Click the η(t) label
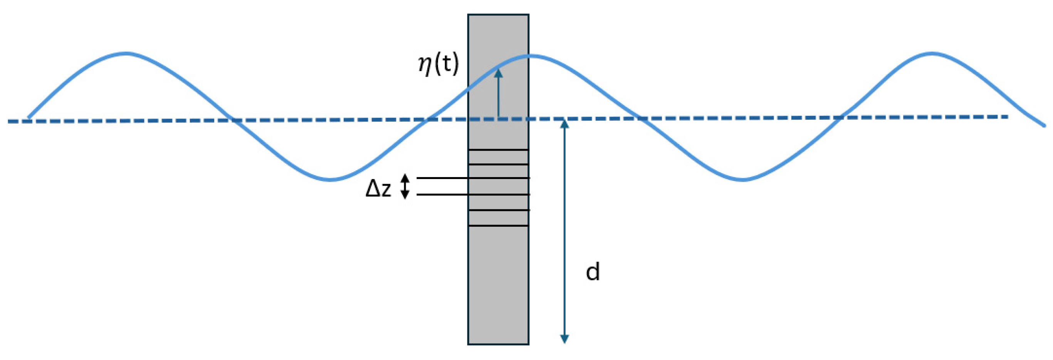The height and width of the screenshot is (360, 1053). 438,65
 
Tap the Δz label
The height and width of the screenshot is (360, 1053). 378,189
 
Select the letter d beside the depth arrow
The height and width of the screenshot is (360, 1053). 593,272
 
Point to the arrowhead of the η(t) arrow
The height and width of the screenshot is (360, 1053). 498,73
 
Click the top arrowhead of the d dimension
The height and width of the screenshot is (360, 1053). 564,124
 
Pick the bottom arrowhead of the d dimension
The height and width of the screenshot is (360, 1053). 564,339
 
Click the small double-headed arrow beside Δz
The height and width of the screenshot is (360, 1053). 405,186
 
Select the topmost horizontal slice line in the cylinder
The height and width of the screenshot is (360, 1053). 498,150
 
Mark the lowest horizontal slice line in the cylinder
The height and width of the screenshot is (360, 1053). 498,226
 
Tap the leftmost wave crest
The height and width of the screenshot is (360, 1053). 127,54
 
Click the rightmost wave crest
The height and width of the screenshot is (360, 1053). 932,54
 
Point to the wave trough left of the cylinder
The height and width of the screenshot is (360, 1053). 330,180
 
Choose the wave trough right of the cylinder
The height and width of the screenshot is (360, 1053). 743,180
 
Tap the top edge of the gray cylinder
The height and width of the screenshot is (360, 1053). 498,15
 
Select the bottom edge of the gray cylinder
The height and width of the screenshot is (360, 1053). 498,345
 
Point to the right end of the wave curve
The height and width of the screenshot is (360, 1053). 1045,126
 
